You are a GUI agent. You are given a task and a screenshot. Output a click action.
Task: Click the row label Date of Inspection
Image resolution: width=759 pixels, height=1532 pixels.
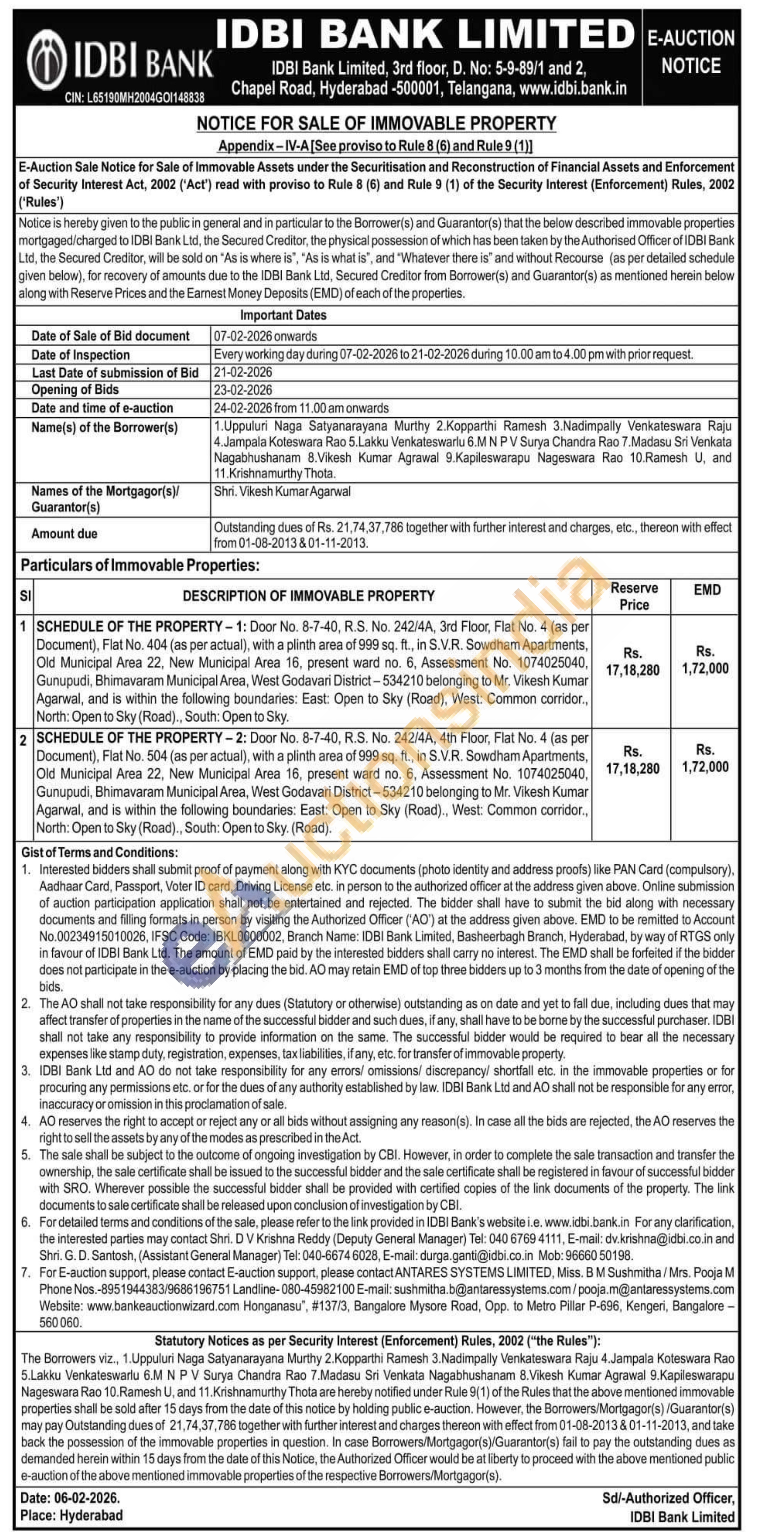click(80, 355)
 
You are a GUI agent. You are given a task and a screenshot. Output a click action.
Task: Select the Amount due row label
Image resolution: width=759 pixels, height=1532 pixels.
click(64, 533)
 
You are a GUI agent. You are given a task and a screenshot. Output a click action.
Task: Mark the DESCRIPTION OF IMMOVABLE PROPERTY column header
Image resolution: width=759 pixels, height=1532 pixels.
click(308, 596)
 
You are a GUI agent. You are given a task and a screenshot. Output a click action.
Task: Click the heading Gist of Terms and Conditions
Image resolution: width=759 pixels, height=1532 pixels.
click(99, 852)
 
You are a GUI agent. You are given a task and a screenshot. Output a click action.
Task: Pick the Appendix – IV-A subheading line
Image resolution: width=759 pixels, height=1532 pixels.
click(375, 146)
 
